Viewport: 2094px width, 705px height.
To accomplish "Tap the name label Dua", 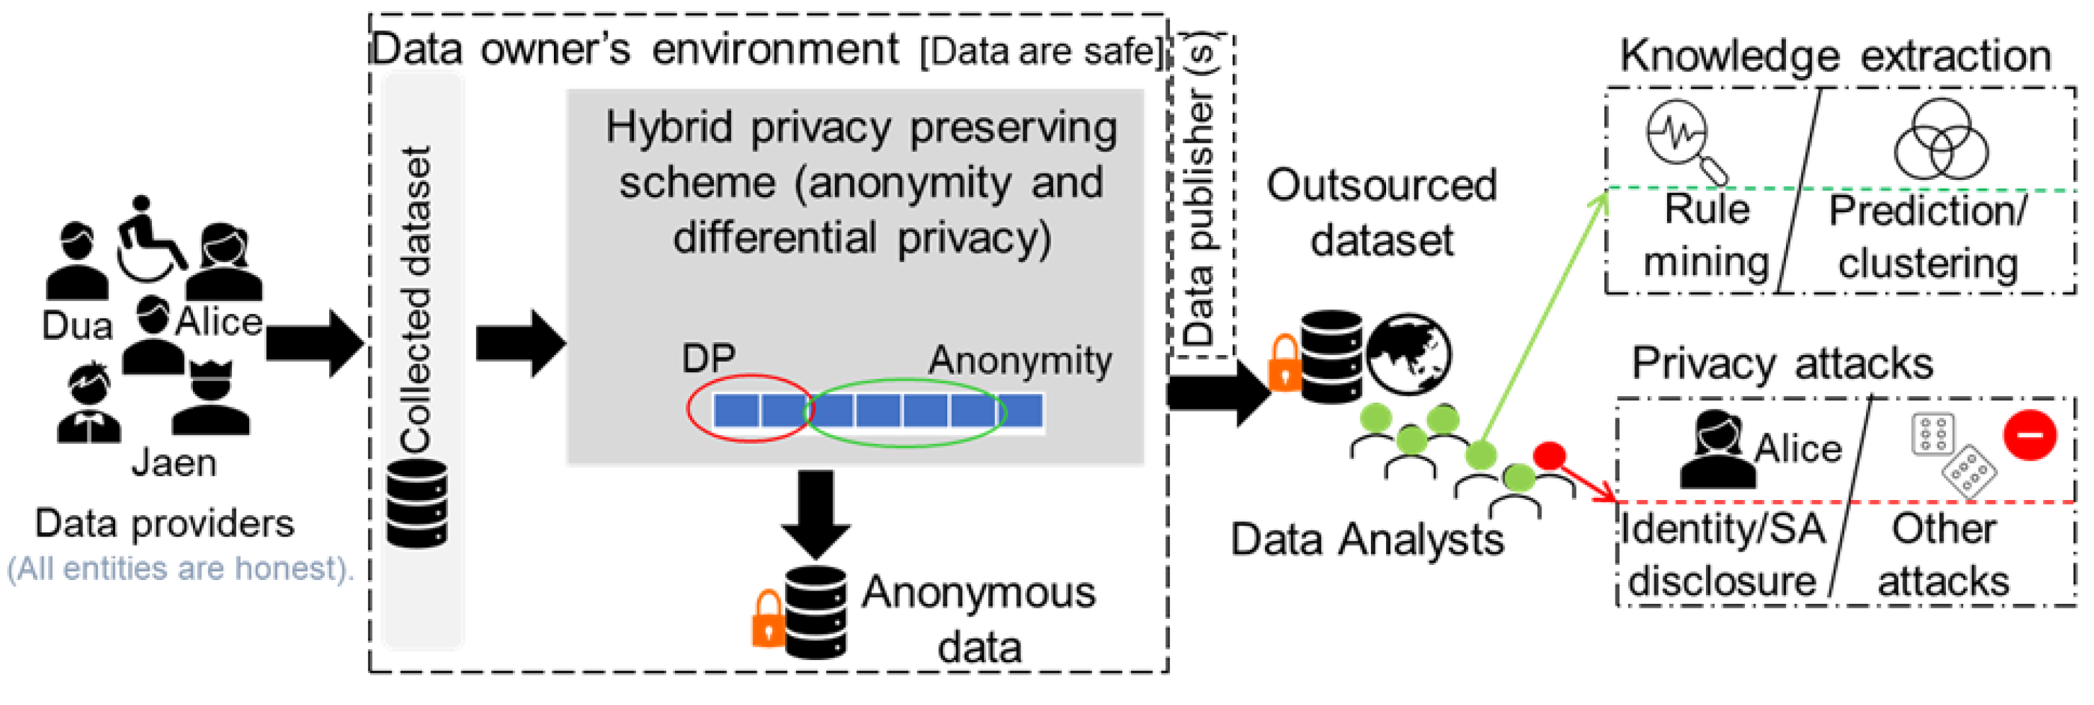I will pos(77,326).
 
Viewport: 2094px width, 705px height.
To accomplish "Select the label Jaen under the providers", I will pos(174,464).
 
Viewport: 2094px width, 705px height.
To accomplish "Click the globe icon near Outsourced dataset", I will pos(1409,354).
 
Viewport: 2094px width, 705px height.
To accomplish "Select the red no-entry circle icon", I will pos(2030,435).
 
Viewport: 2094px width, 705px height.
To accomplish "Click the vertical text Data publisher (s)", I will pos(1200,195).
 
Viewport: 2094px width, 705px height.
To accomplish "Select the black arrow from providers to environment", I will pos(313,343).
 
